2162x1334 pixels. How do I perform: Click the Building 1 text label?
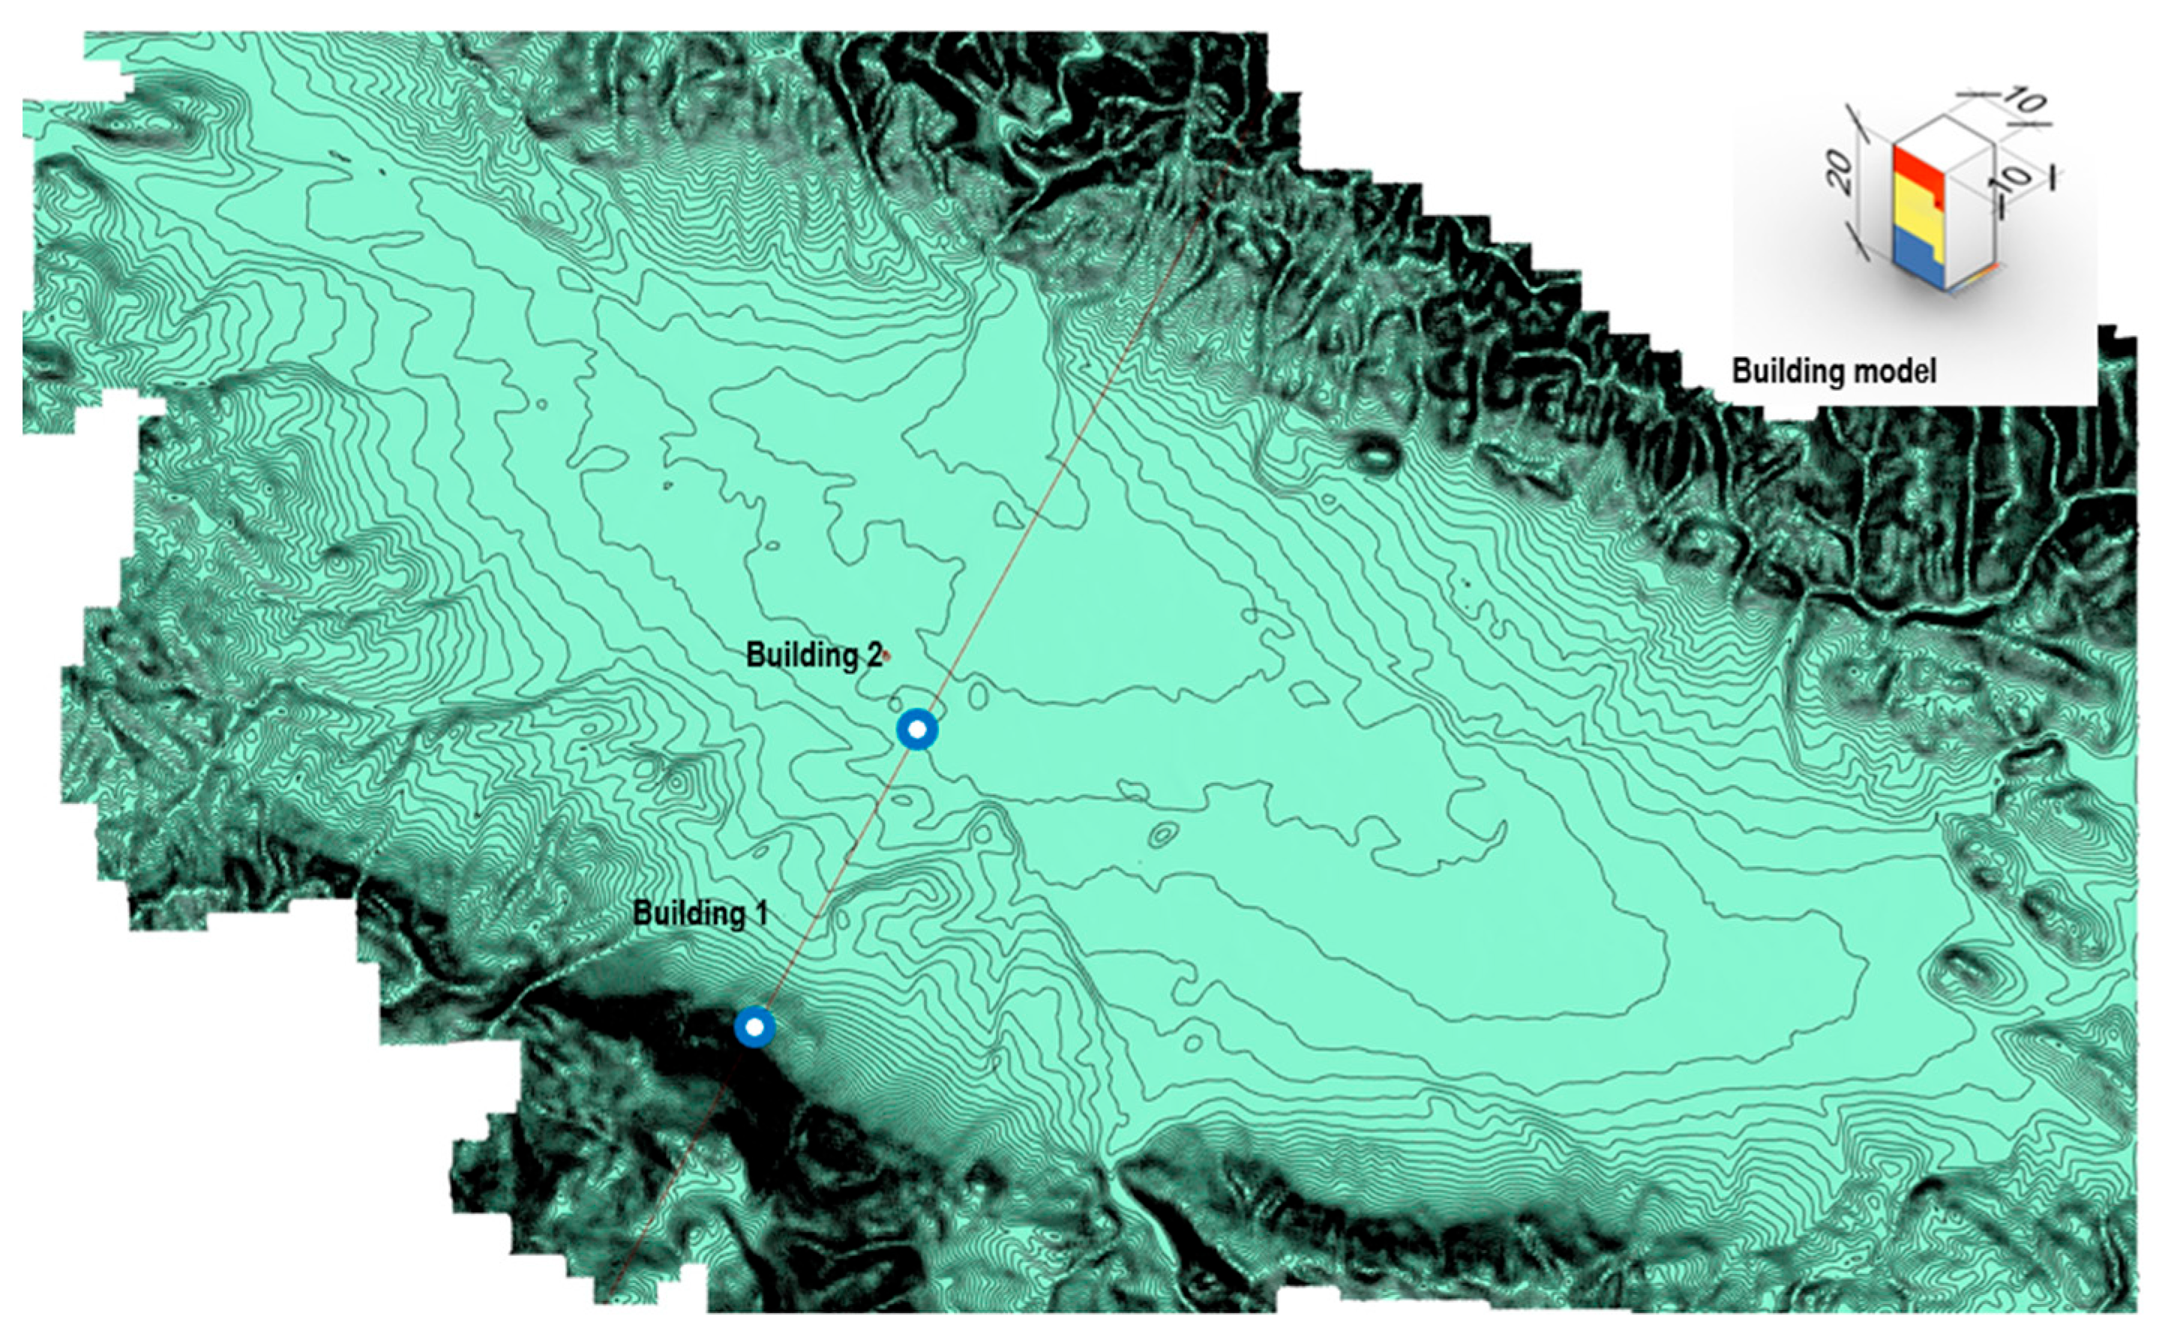[700, 913]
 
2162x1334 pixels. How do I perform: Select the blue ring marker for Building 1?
[754, 1027]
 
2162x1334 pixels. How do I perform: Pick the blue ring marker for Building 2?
[917, 730]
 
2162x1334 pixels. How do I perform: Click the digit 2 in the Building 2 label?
[873, 655]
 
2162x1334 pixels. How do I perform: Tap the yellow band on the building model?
[1916, 225]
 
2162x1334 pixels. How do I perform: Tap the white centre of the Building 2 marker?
[917, 730]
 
